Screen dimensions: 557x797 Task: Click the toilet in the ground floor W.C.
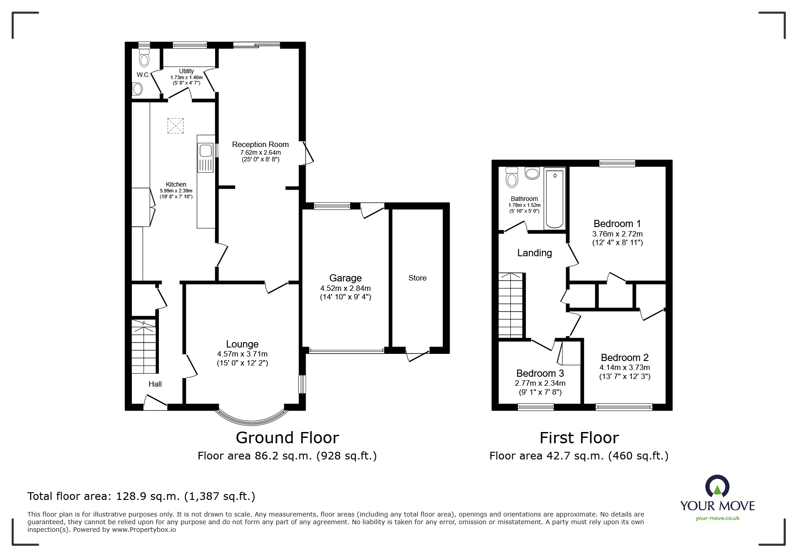144,58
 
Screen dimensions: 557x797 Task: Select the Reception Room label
260,144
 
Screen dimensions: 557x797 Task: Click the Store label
417,278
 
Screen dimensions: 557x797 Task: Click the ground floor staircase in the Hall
144,347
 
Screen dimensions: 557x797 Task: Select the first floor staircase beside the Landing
511,305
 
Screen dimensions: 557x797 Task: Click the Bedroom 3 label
540,373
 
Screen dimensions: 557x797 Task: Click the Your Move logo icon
717,486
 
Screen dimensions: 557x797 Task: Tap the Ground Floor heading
287,437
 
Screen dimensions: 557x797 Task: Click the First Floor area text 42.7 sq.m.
579,456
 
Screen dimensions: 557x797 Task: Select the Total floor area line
141,496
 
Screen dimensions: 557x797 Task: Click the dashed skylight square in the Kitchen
176,126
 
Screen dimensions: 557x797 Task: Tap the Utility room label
186,71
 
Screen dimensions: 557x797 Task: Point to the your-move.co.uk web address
717,518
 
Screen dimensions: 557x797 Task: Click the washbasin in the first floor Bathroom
532,173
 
